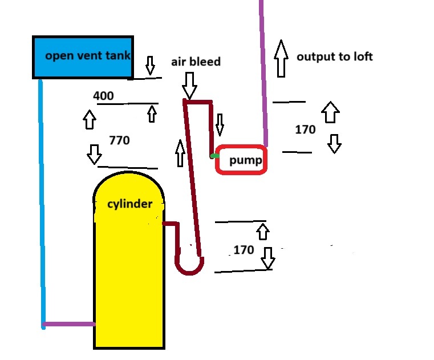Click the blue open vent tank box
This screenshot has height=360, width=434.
pyautogui.click(x=83, y=57)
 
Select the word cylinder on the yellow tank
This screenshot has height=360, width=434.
pyautogui.click(x=130, y=204)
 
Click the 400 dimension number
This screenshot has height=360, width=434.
pyautogui.click(x=103, y=96)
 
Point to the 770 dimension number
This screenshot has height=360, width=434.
pyautogui.click(x=119, y=140)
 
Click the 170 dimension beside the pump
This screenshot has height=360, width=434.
pyautogui.click(x=305, y=130)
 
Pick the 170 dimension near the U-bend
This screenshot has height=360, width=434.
pyautogui.click(x=244, y=250)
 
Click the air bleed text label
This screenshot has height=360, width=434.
pyautogui.click(x=196, y=62)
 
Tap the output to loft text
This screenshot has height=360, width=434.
pyautogui.click(x=335, y=57)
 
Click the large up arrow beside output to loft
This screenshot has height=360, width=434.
pyautogui.click(x=281, y=58)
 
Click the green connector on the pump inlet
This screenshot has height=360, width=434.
pyautogui.click(x=214, y=156)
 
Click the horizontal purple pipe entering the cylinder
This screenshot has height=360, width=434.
pyautogui.click(x=69, y=324)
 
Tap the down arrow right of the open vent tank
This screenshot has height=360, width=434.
pyautogui.click(x=150, y=66)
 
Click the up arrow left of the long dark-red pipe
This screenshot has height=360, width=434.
pyautogui.click(x=180, y=153)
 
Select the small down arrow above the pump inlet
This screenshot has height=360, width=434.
pyautogui.click(x=220, y=125)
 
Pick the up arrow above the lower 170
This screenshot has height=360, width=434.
pyautogui.click(x=263, y=232)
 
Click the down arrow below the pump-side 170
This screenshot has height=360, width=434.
pyautogui.click(x=334, y=144)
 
